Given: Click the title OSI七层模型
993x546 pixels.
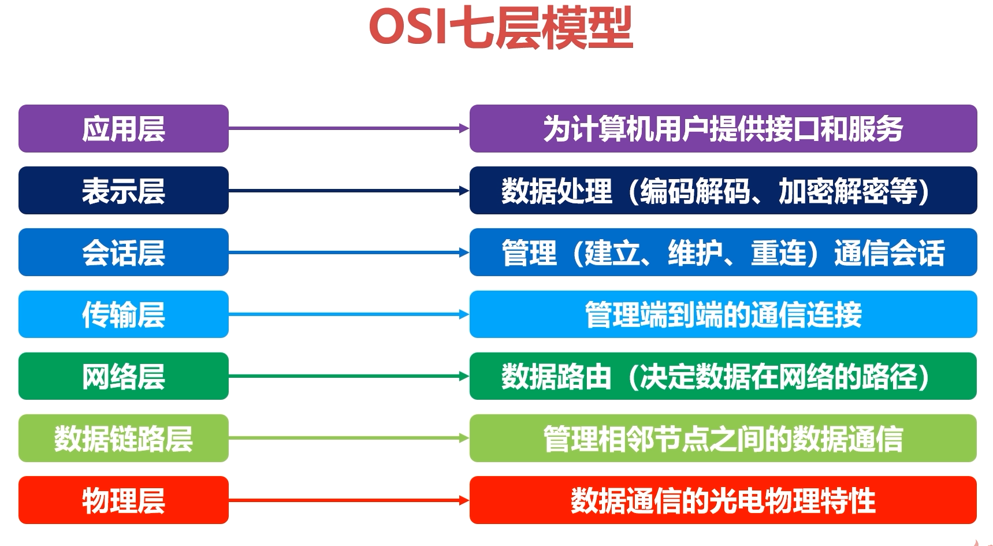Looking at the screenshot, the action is [x=501, y=28].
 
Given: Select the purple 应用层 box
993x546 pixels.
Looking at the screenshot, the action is [x=124, y=128].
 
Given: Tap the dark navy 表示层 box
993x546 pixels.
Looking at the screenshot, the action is [x=124, y=190].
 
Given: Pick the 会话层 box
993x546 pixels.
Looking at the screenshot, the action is [x=124, y=252].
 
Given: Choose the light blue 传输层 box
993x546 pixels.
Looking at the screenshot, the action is [x=124, y=314].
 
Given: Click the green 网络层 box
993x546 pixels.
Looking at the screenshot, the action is [x=124, y=376].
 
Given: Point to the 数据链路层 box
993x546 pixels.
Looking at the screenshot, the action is [x=124, y=438].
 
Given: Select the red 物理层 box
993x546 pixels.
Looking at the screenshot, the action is [x=124, y=500].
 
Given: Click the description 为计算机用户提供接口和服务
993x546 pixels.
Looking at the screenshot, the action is [x=723, y=128].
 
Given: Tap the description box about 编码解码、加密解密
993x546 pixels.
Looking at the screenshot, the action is [x=723, y=190].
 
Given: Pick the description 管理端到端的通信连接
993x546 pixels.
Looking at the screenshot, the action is [x=723, y=314].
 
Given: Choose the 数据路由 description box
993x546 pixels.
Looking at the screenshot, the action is [x=723, y=376].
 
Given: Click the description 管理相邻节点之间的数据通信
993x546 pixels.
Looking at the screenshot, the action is [x=723, y=438].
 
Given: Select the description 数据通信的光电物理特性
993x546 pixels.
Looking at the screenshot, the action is [x=723, y=500].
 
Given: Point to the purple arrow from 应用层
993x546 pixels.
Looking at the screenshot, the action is [x=349, y=128].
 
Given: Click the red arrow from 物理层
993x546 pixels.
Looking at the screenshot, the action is [x=349, y=500].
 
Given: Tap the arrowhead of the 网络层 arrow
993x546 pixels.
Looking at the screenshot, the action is [x=464, y=376].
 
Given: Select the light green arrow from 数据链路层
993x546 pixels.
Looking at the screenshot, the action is [x=349, y=438].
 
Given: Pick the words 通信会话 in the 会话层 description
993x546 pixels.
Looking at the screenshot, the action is [x=890, y=252].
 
